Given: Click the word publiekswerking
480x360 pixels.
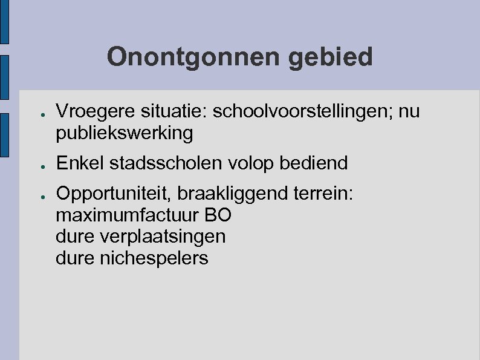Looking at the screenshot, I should [x=124, y=133].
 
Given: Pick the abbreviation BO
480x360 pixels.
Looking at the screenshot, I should [x=218, y=215].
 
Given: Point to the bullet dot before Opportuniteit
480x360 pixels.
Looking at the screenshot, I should [x=37, y=195].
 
